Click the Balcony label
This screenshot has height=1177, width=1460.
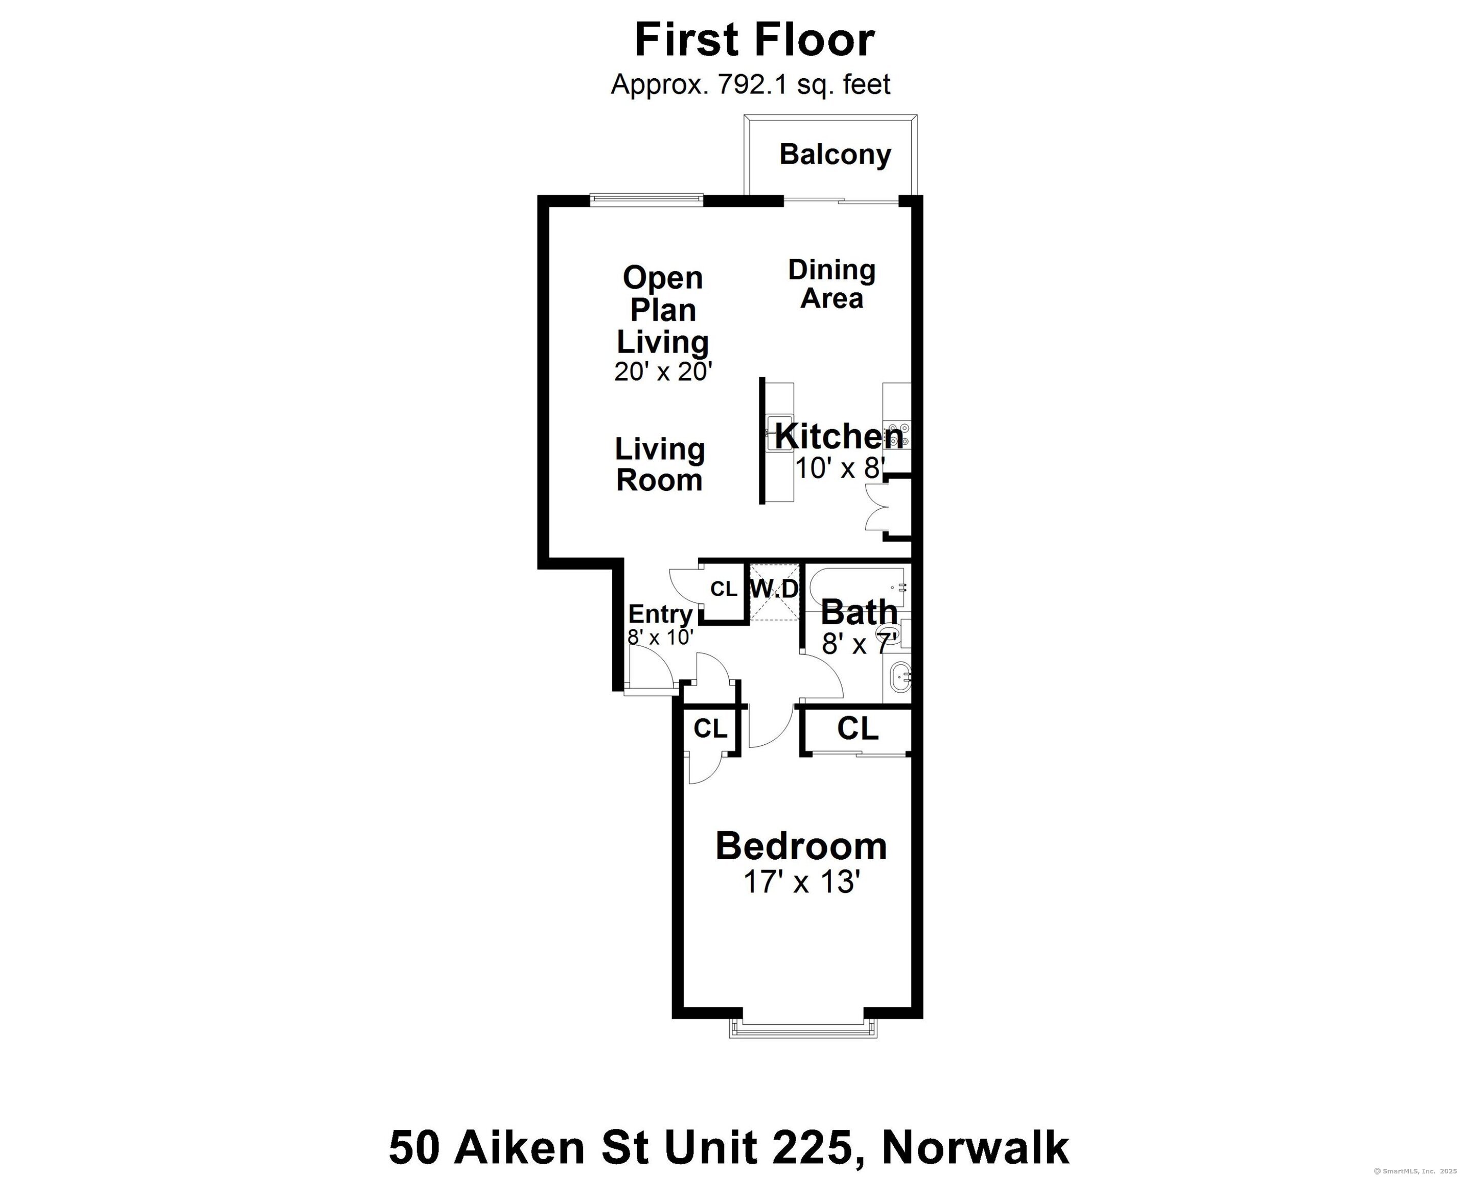click(x=835, y=155)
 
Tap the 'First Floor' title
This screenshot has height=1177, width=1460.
click(x=755, y=40)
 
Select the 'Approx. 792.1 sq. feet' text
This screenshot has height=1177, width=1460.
click(x=750, y=85)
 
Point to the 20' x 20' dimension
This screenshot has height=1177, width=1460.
click(x=662, y=371)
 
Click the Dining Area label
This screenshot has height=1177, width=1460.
click(x=831, y=284)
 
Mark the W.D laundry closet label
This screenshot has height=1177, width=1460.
click(x=774, y=589)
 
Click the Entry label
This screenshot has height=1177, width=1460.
click(x=660, y=614)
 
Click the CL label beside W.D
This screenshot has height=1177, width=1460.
click(x=724, y=589)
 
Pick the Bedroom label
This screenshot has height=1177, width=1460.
click(x=801, y=846)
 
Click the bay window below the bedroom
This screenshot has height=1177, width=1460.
click(x=803, y=1029)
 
